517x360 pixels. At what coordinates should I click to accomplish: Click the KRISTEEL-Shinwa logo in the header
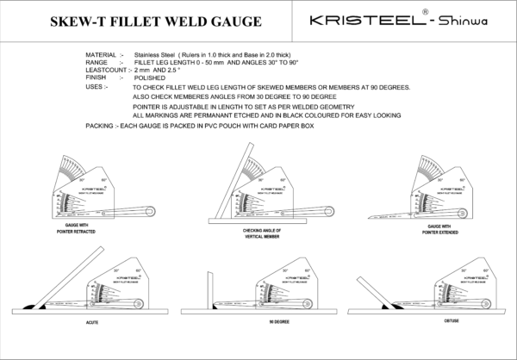(x=400, y=20)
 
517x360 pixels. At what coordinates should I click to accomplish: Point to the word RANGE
(x=97, y=62)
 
